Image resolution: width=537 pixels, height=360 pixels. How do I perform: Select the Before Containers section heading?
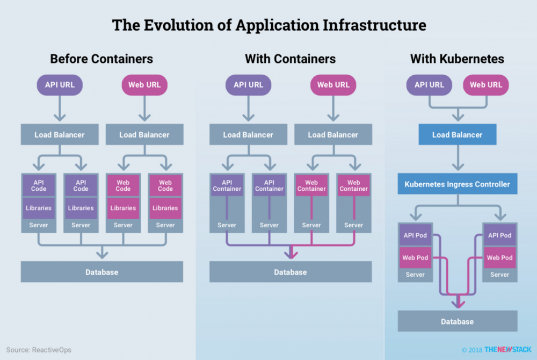tap(101, 59)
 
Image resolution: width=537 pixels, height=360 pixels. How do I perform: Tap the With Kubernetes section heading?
tap(457, 59)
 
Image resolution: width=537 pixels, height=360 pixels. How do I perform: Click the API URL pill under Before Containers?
tap(59, 84)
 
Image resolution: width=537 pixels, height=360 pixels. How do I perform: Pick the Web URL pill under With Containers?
tap(333, 84)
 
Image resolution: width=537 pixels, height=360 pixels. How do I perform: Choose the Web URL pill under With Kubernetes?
tap(485, 84)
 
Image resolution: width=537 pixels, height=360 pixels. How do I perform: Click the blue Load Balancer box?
tap(457, 135)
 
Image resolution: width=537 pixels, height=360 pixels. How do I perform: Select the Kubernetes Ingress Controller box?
tap(457, 184)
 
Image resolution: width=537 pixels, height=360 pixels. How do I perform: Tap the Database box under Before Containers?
tap(101, 272)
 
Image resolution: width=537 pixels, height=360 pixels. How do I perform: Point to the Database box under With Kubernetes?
tap(457, 321)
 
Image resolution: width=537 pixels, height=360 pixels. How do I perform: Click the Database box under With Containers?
tap(290, 272)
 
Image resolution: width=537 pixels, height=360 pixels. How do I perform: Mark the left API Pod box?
tap(415, 235)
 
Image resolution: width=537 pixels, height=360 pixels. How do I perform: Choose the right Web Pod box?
tap(499, 258)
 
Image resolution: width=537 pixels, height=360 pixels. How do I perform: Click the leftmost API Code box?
tap(39, 185)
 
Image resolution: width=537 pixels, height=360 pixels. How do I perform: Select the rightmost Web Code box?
tap(165, 185)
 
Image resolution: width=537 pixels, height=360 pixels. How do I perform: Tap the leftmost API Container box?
tap(227, 185)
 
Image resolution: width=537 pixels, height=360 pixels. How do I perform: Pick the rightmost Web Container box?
tap(354, 185)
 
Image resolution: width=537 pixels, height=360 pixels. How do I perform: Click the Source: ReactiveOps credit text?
tap(39, 350)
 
